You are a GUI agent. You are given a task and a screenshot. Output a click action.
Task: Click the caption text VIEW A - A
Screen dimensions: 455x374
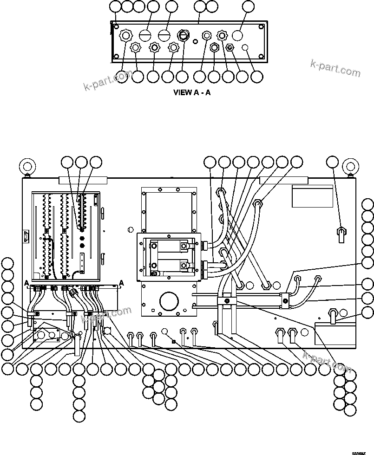coord(191,92)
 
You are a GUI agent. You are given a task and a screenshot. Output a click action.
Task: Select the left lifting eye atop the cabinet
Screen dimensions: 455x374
coord(27,166)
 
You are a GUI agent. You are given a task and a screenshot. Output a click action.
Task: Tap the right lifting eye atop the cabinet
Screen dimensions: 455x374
coord(350,166)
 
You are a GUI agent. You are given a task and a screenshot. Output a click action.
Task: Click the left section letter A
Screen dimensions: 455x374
coord(27,283)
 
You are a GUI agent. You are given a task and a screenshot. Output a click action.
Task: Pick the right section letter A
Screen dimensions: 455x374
coord(121,282)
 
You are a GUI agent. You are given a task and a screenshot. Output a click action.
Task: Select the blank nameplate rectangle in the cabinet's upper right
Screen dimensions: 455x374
coord(312,196)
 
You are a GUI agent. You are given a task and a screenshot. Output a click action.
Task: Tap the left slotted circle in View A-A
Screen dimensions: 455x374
coord(145,35)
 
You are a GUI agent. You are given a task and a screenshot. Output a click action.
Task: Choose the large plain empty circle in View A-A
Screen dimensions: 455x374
coord(237,35)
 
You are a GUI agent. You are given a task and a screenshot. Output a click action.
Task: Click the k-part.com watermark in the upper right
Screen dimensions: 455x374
coord(335,68)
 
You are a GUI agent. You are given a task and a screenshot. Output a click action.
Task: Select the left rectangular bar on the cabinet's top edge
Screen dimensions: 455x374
coord(83,180)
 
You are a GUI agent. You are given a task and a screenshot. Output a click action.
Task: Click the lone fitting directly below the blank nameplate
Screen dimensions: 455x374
coord(342,232)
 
